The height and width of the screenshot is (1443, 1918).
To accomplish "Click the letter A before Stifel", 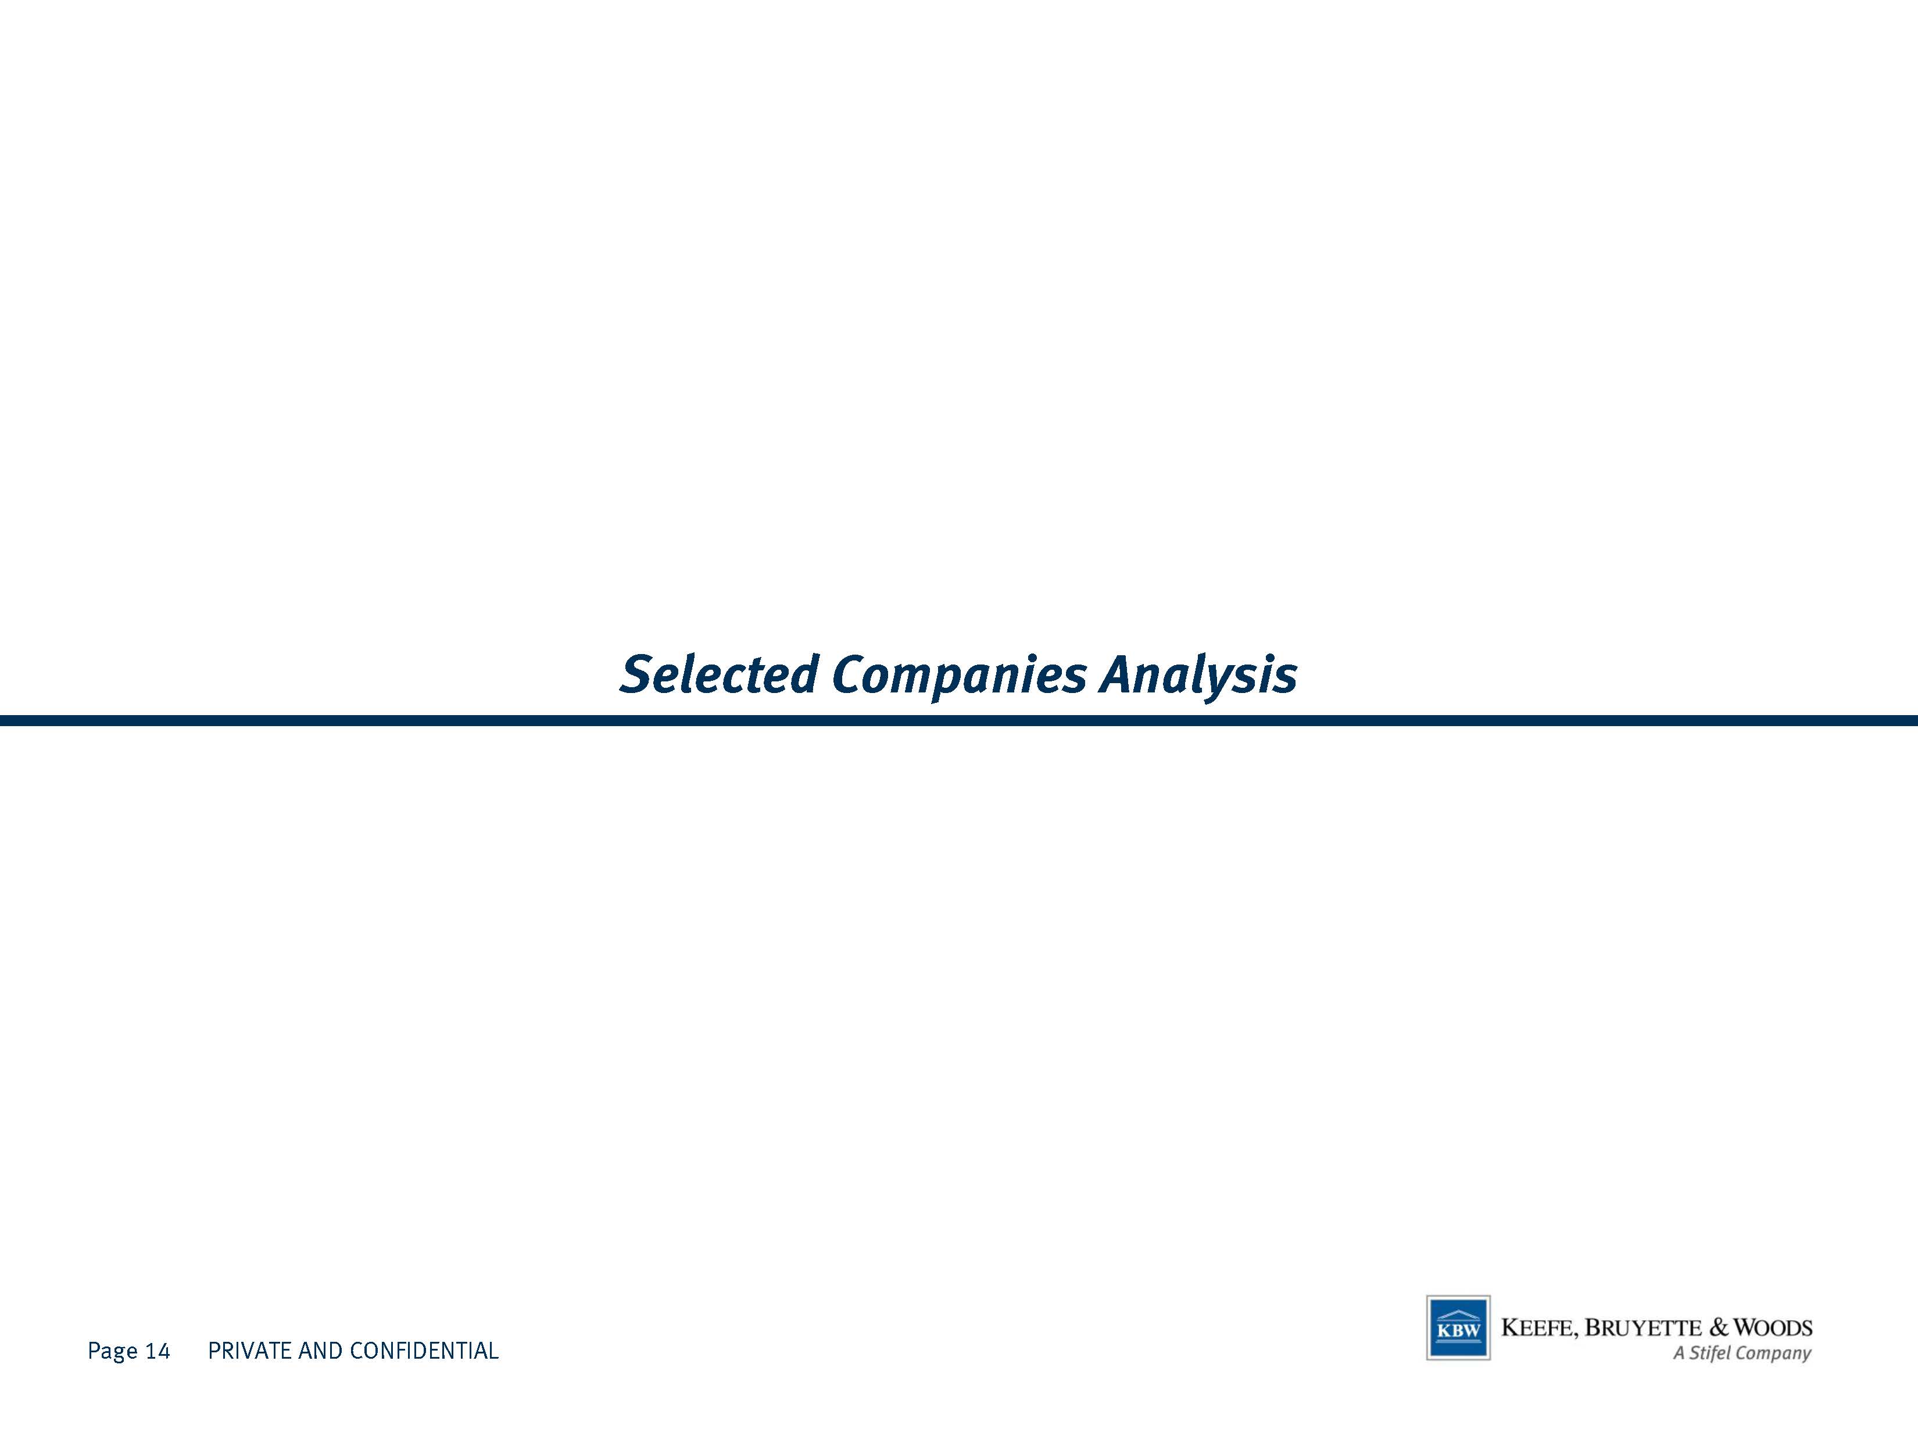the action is point(1679,1353).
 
